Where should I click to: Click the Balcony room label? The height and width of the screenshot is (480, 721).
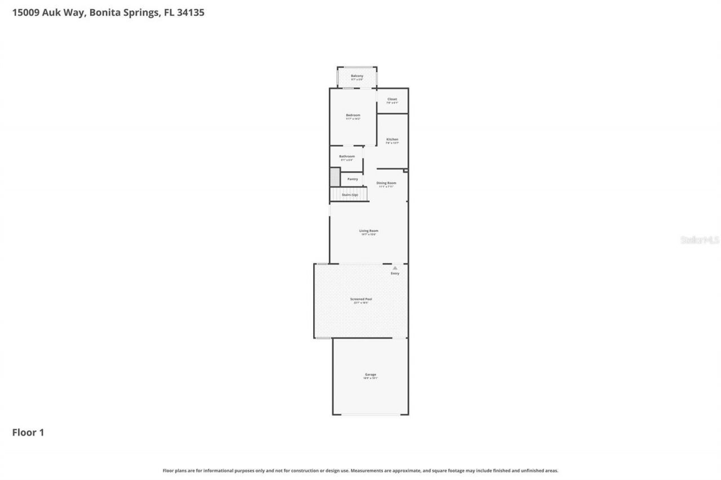357,76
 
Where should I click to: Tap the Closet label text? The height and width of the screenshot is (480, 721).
392,99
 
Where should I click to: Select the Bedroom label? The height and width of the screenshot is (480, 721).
353,115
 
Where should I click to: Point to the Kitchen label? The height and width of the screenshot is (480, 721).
392,140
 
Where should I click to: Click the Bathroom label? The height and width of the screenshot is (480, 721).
346,156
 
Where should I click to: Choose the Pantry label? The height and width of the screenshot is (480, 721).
353,179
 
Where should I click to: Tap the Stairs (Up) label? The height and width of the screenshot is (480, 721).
350,195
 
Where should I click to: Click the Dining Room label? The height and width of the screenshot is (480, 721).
386,183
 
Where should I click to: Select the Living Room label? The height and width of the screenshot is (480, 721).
369,231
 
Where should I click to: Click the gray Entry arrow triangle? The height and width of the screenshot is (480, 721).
395,268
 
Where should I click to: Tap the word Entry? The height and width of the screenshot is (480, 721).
395,273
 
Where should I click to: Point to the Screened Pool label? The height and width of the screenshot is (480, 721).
361,299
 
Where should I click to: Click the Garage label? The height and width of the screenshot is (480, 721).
370,375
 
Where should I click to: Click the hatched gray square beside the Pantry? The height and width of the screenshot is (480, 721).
335,177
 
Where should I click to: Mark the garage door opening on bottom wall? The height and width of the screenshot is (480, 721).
370,415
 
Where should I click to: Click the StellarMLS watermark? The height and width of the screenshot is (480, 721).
700,240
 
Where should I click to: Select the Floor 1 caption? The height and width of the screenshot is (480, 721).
28,433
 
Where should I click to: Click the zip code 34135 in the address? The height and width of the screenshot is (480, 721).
191,12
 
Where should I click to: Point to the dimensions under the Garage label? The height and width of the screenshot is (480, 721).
370,379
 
